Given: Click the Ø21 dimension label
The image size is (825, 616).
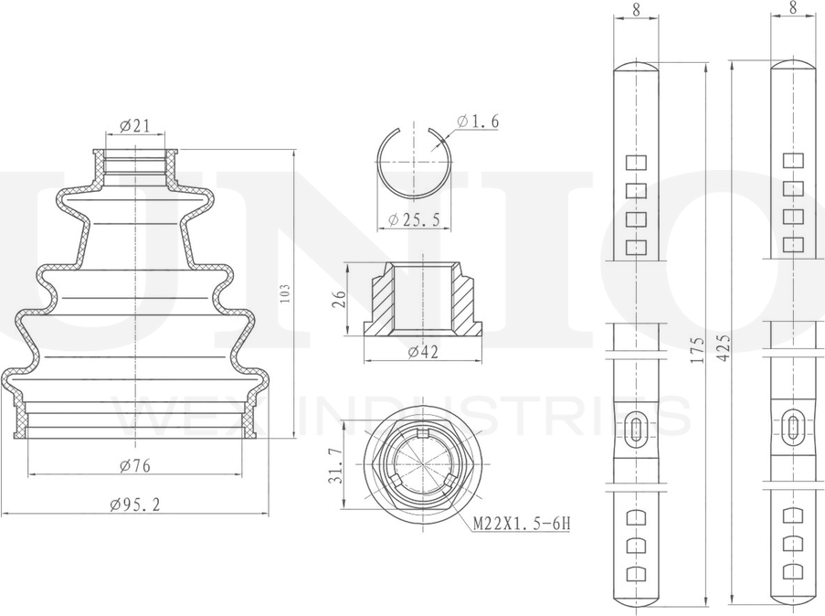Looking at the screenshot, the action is coord(134,126).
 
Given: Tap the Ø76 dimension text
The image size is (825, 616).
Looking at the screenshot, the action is coord(134,465).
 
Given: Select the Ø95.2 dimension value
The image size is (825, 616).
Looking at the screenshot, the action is coord(134,504).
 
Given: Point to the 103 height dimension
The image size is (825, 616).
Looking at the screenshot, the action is coord(285,293).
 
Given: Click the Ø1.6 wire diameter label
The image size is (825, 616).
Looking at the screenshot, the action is coord(478,122).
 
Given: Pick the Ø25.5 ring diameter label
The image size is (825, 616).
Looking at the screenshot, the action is coord(414,219).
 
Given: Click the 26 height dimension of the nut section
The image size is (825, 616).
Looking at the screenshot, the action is coord(341,299).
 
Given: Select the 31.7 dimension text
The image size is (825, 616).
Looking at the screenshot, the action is coord(337,465).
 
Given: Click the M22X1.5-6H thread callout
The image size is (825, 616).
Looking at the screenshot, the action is coord(522,524).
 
